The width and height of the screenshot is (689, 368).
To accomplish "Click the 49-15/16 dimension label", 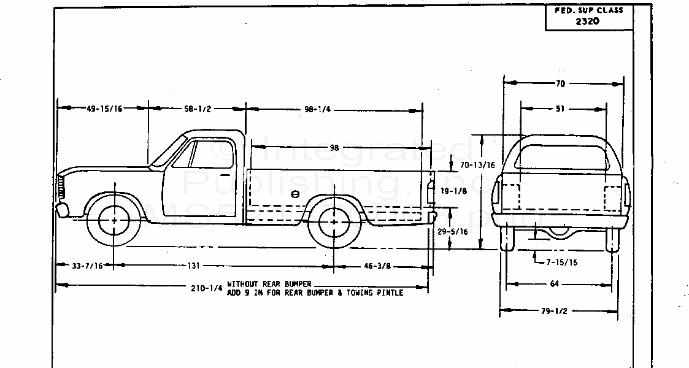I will point(104,109).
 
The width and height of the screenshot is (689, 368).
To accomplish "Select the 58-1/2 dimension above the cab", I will point(198,109).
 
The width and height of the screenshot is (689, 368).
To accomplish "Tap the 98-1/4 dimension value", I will point(317,109).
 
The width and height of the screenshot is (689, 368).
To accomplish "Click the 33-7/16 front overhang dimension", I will point(87,266).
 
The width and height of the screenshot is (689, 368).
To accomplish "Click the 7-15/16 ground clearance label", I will point(561,262).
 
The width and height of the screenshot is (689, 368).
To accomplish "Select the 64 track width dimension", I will point(555,284).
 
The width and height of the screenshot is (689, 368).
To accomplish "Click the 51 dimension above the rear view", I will point(560,109).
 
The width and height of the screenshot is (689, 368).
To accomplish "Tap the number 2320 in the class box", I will point(587,21).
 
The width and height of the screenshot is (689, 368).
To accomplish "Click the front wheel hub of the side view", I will point(115,220).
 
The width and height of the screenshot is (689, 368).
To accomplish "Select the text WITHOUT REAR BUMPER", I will point(269,284).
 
